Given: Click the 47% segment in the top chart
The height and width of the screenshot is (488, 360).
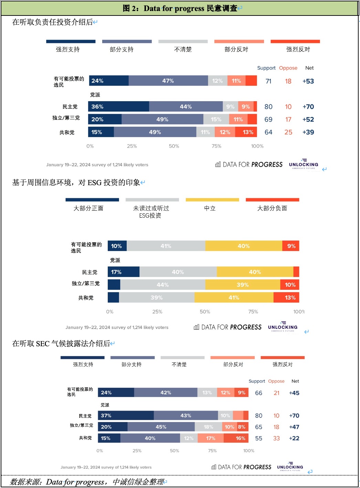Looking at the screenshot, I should tap(168, 81).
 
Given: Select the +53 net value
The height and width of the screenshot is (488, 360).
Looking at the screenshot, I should tap(308, 81).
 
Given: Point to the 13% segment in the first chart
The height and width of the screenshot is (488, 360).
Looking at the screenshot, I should tap(247, 132).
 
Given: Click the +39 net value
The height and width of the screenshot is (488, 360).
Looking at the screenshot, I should tap(308, 132).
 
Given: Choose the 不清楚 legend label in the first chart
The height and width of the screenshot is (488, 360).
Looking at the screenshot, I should tap(183, 50).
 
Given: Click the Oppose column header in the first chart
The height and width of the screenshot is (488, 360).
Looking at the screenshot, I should tap(288, 68).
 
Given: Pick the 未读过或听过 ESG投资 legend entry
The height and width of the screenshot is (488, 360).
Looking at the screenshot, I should tap(151, 212).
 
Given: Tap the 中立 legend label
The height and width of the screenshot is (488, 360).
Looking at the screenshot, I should tap(210, 208).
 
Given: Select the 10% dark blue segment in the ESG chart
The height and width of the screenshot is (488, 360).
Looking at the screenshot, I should tap(117, 246).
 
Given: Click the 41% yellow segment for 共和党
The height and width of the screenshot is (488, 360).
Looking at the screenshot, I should tap(234, 298).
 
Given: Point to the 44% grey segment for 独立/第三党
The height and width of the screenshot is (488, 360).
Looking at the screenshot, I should tap(162, 285).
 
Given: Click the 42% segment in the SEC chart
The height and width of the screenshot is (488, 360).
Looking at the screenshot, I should tap(166, 393).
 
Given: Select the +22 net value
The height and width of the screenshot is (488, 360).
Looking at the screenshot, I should tap(294, 438).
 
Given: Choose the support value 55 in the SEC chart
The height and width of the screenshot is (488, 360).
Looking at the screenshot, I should tap(258, 438).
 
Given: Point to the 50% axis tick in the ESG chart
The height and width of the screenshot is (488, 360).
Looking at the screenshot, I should tap(205, 312).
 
